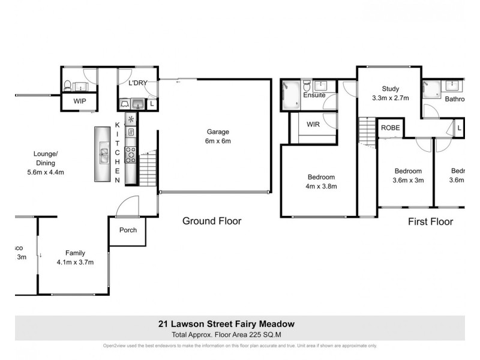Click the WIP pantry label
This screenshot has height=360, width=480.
coord(80,102)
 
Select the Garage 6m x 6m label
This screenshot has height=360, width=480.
coord(218,136)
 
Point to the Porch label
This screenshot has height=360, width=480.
coord(128,230)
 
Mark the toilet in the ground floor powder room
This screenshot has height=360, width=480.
coord(68,85)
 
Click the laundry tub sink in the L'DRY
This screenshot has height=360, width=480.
coord(137,104)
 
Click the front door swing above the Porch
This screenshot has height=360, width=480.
coord(127,208)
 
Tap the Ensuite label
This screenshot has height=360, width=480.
coord(314,95)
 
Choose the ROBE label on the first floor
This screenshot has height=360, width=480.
coord(389,128)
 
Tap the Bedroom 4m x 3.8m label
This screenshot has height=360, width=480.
coord(322,181)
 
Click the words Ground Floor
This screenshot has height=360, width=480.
coord(212,221)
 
